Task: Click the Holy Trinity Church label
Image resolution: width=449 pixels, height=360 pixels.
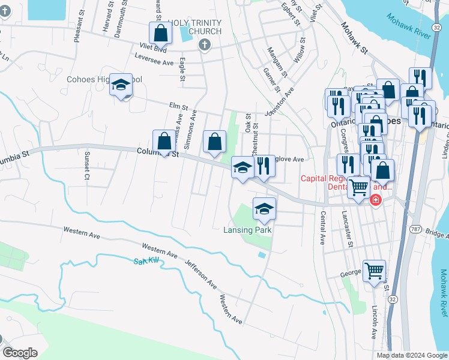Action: click(x=195, y=27)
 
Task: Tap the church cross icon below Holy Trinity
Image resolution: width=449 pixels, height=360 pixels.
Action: click(x=204, y=44)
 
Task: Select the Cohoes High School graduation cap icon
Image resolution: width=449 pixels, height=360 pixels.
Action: click(x=121, y=85)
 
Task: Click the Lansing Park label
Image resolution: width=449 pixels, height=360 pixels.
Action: click(x=248, y=230)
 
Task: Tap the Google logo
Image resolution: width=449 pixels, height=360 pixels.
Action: click(x=20, y=353)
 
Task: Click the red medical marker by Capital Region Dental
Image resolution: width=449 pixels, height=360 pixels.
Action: click(x=376, y=200)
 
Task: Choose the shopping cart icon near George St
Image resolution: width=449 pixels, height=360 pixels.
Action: click(x=374, y=271)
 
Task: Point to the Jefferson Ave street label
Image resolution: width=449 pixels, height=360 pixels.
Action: click(x=200, y=274)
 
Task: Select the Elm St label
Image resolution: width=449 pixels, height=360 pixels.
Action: click(x=175, y=106)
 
